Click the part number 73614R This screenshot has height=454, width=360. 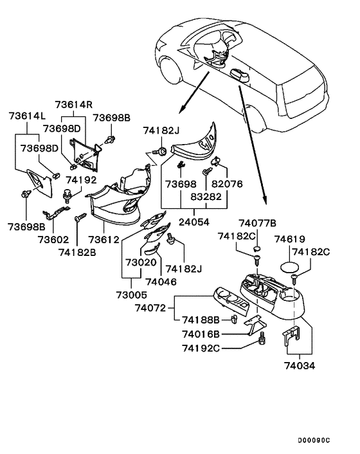(x=74, y=105)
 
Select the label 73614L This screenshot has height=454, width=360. (x=28, y=116)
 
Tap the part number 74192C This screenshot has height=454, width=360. (x=201, y=348)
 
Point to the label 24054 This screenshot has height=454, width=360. (x=194, y=222)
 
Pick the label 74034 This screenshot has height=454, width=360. (x=300, y=366)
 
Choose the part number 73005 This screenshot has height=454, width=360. (x=132, y=295)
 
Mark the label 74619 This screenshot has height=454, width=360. (x=290, y=239)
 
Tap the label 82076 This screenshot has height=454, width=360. (x=228, y=184)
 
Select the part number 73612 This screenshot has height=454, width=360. (x=104, y=239)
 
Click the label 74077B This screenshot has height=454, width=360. (x=257, y=223)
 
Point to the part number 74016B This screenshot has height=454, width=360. (x=201, y=334)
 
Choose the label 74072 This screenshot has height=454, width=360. (x=150, y=308)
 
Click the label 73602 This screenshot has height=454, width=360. (x=53, y=239)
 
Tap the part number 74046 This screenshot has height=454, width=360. (x=161, y=282)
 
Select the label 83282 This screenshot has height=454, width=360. (x=206, y=197)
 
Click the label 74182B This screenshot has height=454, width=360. (x=77, y=253)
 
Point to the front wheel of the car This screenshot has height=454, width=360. (x=171, y=71)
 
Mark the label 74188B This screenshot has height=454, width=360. (x=201, y=320)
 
